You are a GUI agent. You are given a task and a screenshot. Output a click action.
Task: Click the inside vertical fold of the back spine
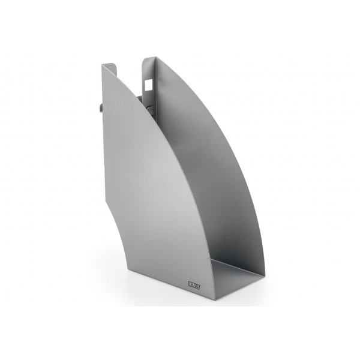point(158,90)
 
